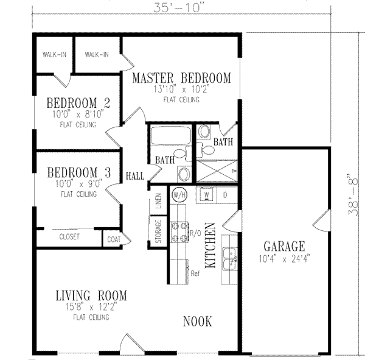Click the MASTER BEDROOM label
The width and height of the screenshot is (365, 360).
pyautogui.click(x=181, y=78)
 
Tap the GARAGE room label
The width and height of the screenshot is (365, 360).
pyautogui.click(x=284, y=247)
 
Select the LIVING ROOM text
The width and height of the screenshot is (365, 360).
pyautogui.click(x=91, y=296)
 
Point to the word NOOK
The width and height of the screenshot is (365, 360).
pyautogui.click(x=198, y=321)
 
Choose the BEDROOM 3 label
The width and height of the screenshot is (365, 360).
pyautogui.click(x=78, y=172)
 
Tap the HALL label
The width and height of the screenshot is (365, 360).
pyautogui.click(x=135, y=176)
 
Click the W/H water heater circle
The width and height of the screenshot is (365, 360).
pyautogui.click(x=179, y=195)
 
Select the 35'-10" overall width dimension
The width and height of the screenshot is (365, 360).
pyautogui.click(x=181, y=8)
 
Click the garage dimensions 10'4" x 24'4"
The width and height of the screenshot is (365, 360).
pyautogui.click(x=283, y=259)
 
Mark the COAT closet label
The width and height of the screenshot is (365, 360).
pyautogui.click(x=114, y=238)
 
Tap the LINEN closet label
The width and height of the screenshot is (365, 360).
pyautogui.click(x=158, y=200)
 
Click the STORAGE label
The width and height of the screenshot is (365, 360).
pyautogui.click(x=158, y=231)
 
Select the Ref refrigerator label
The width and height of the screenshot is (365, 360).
pyautogui.click(x=195, y=274)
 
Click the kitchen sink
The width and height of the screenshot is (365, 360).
pyautogui.click(x=229, y=259)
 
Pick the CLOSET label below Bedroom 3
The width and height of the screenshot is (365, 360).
pyautogui.click(x=69, y=237)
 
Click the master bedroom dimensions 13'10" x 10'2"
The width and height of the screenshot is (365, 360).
pyautogui.click(x=181, y=90)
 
